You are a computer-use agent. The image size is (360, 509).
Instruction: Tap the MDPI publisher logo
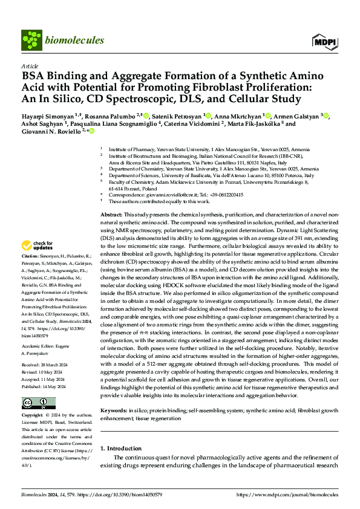[x=324, y=41]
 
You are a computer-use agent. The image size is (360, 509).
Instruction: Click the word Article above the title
[x=29, y=66]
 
